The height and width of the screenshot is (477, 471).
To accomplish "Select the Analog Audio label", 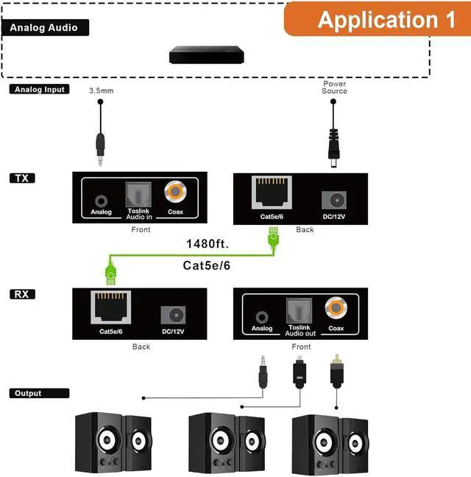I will tap(48, 28).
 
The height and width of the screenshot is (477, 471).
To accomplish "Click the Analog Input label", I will tap(40, 89).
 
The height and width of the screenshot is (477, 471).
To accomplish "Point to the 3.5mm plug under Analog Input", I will tap(101, 147).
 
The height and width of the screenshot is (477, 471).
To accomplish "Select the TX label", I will tap(23, 178).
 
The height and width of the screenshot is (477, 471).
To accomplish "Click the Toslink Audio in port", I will tap(139, 195).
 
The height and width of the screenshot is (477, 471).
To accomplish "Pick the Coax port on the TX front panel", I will tap(175, 193).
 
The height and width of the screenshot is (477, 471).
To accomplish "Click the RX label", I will tap(23, 294).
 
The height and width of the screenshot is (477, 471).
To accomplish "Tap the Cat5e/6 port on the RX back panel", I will tap(109, 310).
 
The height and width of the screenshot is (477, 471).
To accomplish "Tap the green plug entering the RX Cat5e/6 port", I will tap(111, 275).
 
